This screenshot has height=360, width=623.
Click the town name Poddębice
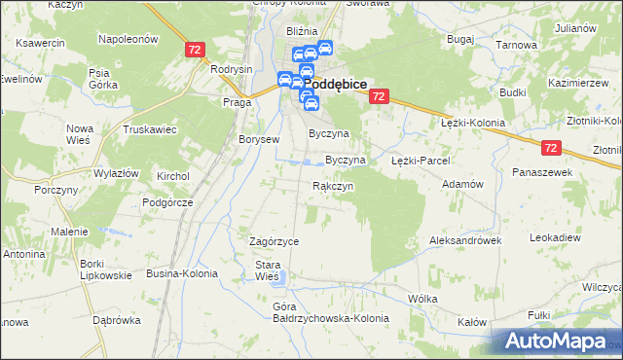point(335,85)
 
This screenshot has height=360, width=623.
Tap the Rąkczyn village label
point(332,185)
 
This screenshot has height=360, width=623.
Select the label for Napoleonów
point(128,39)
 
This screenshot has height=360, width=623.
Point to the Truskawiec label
point(148,129)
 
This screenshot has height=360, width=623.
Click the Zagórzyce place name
point(274,241)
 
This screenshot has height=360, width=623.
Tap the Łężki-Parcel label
point(419,160)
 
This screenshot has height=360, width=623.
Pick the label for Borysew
point(259,139)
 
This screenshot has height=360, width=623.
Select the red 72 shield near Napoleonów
point(195,49)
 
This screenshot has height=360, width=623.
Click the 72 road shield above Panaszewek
point(552,147)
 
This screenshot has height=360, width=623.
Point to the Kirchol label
point(173,176)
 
